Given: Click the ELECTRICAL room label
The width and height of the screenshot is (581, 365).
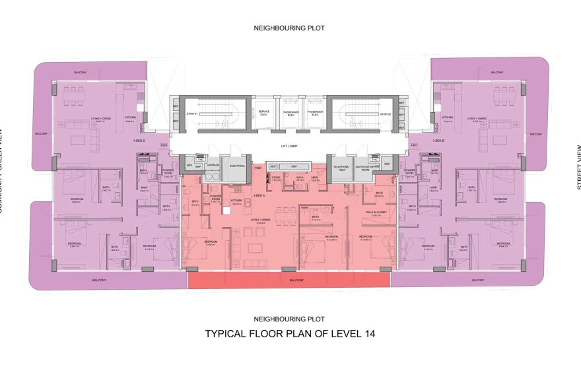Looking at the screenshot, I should [237, 166].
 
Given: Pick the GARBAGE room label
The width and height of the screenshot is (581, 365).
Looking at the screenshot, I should [213, 166].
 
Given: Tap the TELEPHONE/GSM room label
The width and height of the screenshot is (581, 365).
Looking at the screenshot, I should [341, 168].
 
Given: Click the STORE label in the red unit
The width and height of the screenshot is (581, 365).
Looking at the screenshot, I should [277, 178].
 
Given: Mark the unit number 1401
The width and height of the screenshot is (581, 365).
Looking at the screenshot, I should [413, 145].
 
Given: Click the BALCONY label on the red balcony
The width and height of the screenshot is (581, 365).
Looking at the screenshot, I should [297, 281].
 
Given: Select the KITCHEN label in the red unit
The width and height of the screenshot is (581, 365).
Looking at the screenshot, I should [236, 201].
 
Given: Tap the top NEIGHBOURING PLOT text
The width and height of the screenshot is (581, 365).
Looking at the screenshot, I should [290, 28].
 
